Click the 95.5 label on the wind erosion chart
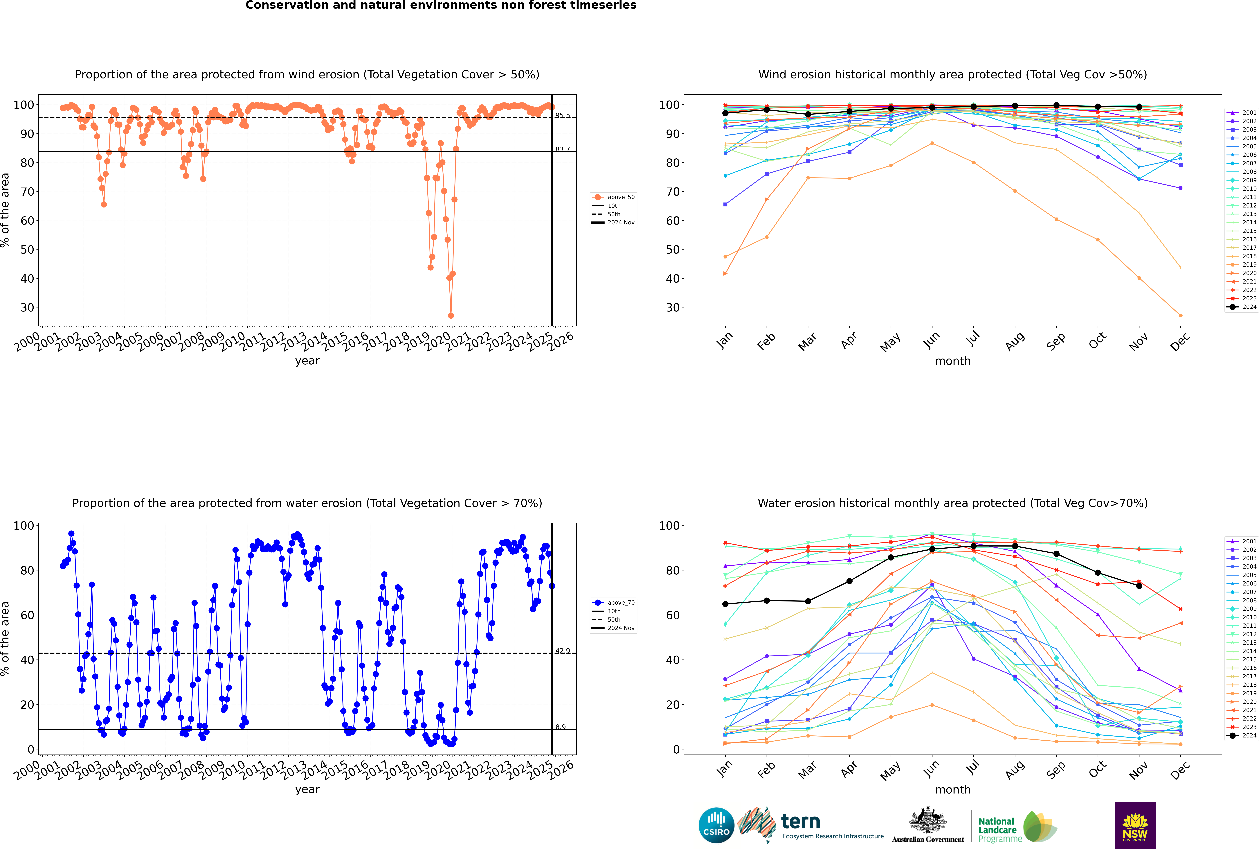click(562, 115)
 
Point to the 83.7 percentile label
click(562, 149)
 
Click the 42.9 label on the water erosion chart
click(562, 651)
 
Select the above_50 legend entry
click(620, 197)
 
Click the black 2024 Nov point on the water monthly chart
click(1139, 586)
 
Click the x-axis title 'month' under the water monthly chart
click(953, 789)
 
